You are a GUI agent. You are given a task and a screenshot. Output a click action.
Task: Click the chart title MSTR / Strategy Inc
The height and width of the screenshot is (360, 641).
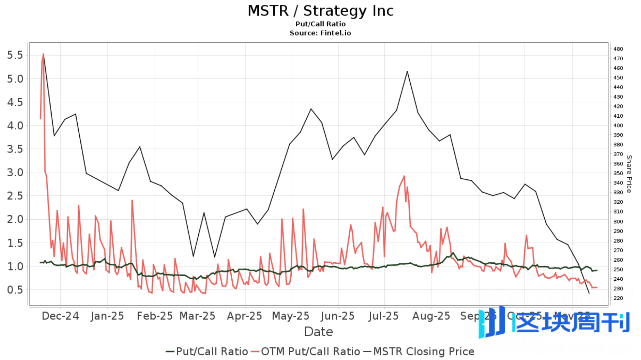click(x=320, y=11)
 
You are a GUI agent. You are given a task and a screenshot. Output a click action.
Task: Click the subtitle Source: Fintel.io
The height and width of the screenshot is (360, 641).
click(x=320, y=33)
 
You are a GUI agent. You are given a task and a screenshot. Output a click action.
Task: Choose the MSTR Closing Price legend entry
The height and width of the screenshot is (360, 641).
click(x=419, y=352)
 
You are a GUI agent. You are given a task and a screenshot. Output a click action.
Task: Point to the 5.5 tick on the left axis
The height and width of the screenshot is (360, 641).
click(x=15, y=55)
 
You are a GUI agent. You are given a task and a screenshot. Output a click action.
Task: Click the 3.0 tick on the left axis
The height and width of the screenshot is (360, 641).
click(x=15, y=172)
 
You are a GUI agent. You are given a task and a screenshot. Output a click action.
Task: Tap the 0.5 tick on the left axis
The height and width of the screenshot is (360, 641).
click(x=15, y=290)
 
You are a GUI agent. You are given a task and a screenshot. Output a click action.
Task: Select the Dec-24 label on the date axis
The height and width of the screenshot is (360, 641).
click(x=60, y=316)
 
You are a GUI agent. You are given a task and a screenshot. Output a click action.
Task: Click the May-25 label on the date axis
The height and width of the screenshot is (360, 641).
click(x=291, y=316)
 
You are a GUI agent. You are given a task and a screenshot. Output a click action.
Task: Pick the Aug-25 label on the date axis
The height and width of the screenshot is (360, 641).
click(x=431, y=316)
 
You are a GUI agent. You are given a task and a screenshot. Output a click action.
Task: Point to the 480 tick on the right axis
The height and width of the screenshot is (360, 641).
click(x=618, y=49)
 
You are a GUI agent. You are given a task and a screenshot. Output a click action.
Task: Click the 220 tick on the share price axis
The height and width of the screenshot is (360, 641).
click(x=618, y=298)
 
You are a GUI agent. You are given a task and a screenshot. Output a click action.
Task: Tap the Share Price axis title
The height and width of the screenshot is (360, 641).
click(x=629, y=174)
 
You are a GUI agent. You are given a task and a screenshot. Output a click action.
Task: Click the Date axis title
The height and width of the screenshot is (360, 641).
click(x=318, y=332)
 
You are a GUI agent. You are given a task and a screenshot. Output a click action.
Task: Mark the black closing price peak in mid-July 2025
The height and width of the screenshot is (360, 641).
click(x=407, y=72)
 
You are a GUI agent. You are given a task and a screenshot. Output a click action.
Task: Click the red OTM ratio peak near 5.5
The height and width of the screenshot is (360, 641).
click(x=43, y=54)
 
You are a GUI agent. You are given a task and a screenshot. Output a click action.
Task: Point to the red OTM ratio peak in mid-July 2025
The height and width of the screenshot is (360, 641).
click(x=404, y=176)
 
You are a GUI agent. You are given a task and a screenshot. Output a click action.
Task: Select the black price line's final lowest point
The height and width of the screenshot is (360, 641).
click(x=589, y=293)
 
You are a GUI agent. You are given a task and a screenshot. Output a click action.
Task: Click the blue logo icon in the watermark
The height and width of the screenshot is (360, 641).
click(x=492, y=322)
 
